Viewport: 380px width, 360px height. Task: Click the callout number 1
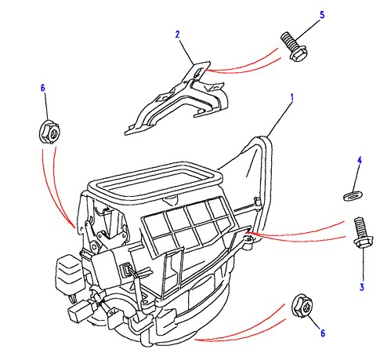click(x=292, y=98)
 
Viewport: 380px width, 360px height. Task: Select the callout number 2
click(x=178, y=35)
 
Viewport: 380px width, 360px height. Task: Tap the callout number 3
click(x=362, y=287)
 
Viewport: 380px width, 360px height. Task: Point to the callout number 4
click(x=360, y=161)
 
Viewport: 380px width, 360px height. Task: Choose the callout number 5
click(x=322, y=15)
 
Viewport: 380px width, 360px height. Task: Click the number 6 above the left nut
click(x=43, y=88)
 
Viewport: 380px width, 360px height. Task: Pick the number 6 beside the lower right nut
click(x=323, y=333)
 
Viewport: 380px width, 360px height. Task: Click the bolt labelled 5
click(x=294, y=46)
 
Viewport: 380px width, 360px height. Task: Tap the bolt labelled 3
click(x=361, y=233)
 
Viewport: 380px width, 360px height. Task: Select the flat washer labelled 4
click(x=353, y=196)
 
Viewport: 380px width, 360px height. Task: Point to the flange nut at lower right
click(x=302, y=306)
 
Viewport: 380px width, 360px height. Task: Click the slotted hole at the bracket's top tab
click(x=199, y=72)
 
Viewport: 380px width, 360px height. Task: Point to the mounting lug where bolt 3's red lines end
click(x=248, y=238)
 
